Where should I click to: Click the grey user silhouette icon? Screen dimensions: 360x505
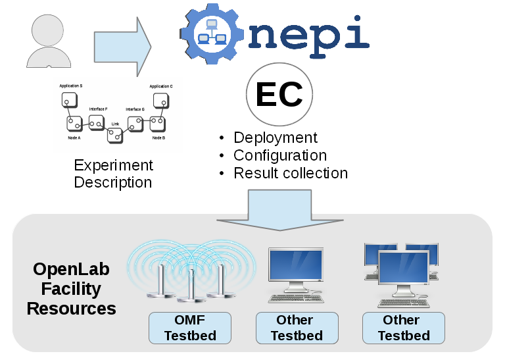(49, 41)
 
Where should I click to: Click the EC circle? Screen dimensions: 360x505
(279, 96)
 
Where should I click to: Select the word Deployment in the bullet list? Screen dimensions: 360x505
(276, 138)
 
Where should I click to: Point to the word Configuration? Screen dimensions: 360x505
(280, 155)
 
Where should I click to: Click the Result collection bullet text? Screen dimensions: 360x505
(291, 173)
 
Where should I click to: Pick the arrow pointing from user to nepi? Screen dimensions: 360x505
(123, 46)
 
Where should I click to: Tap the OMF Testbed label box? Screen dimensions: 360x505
(190, 328)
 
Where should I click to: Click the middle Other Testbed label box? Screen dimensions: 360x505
(297, 328)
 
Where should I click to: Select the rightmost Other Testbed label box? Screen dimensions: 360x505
(403, 328)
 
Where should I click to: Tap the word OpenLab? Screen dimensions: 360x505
(71, 269)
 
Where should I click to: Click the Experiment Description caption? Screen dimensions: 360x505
(113, 174)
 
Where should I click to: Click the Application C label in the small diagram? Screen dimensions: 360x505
(161, 86)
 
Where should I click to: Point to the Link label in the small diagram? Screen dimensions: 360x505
(115, 123)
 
